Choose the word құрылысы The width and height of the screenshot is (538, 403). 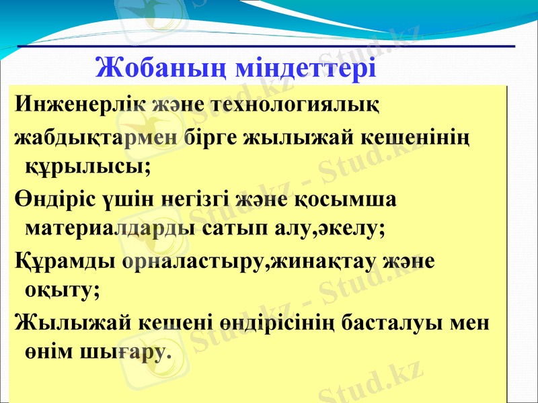(87, 165)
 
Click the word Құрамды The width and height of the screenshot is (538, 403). (66, 261)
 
